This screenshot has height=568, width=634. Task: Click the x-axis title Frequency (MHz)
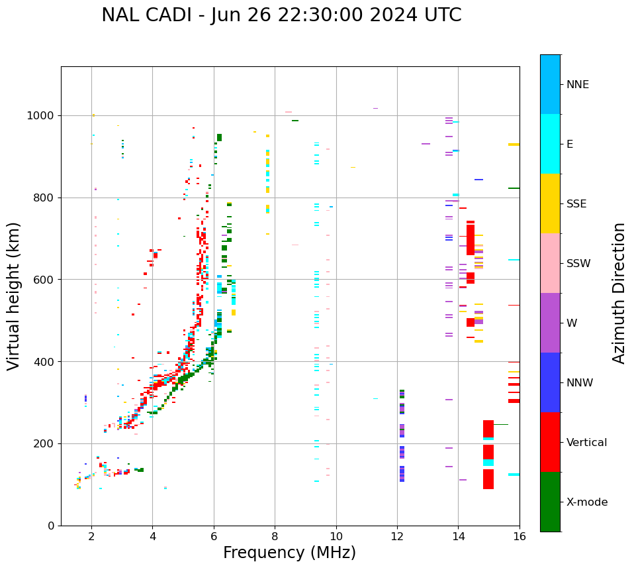tap(289, 553)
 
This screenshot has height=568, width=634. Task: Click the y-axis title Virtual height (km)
tap(14, 296)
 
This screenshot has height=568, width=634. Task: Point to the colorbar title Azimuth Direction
tap(619, 293)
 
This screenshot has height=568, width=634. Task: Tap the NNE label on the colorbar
tap(578, 85)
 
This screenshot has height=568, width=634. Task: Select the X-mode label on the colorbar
tap(587, 502)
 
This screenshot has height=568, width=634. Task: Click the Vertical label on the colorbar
tap(588, 443)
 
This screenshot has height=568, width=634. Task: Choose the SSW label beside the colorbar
tap(578, 264)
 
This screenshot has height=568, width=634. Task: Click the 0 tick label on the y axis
tap(50, 526)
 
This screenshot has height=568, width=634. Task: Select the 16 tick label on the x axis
tap(520, 536)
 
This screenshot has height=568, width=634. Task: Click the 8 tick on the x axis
tap(275, 536)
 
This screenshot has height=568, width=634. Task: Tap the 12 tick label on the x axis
tap(397, 536)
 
